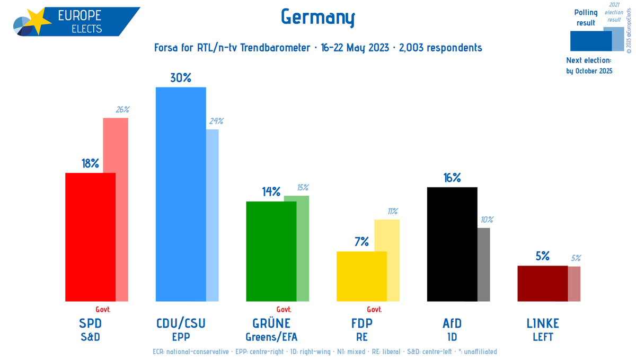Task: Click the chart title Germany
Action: point(317,18)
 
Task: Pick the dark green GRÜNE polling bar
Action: point(271,251)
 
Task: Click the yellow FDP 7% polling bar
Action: point(361,276)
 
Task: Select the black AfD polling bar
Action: point(452,244)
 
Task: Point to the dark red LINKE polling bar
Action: point(542,283)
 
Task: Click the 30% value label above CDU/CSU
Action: point(180,78)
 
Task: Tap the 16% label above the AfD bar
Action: point(452,178)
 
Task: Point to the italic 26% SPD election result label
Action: point(122,110)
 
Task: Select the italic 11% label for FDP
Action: point(393,211)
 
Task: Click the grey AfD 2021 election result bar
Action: point(483,265)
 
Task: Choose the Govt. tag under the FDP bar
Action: point(374,310)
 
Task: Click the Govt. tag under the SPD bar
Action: point(103,310)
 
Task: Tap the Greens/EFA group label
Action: point(271,337)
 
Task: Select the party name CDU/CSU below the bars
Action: point(180,323)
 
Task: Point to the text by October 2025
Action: point(589,71)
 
